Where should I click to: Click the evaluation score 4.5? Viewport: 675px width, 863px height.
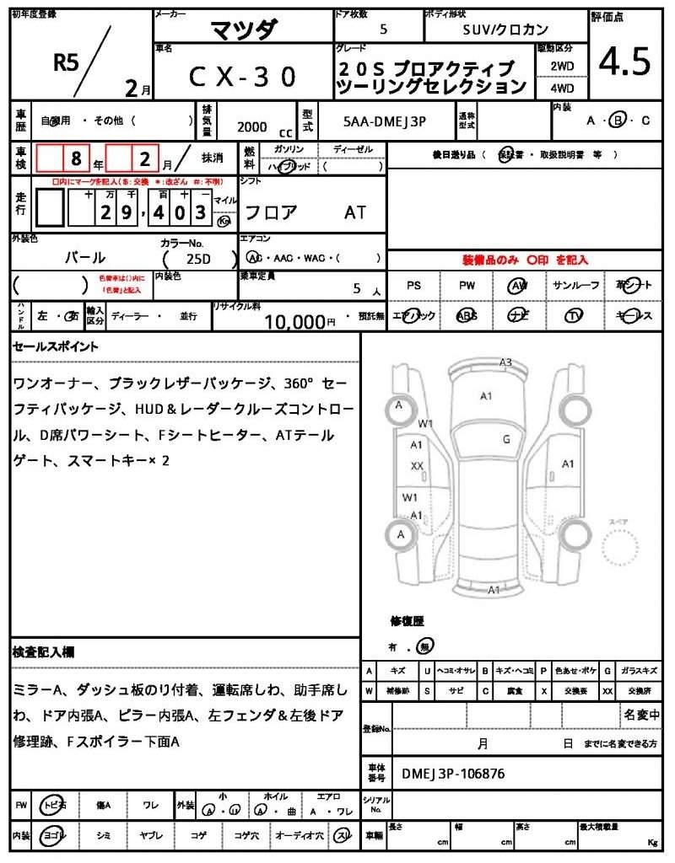point(624,61)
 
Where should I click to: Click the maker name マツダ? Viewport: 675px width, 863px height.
point(242,29)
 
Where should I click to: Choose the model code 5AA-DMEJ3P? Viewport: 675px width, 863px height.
point(385,121)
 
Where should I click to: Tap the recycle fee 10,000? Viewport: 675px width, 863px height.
point(294,321)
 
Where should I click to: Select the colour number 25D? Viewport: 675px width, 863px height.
point(199,258)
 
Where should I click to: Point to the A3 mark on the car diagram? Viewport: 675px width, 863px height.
point(505,362)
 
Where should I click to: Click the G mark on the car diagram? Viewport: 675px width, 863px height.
point(506,438)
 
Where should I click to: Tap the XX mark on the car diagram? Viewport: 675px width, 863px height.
point(417,465)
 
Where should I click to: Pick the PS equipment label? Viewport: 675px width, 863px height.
point(413,286)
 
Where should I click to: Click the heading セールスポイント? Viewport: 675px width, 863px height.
point(56,346)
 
